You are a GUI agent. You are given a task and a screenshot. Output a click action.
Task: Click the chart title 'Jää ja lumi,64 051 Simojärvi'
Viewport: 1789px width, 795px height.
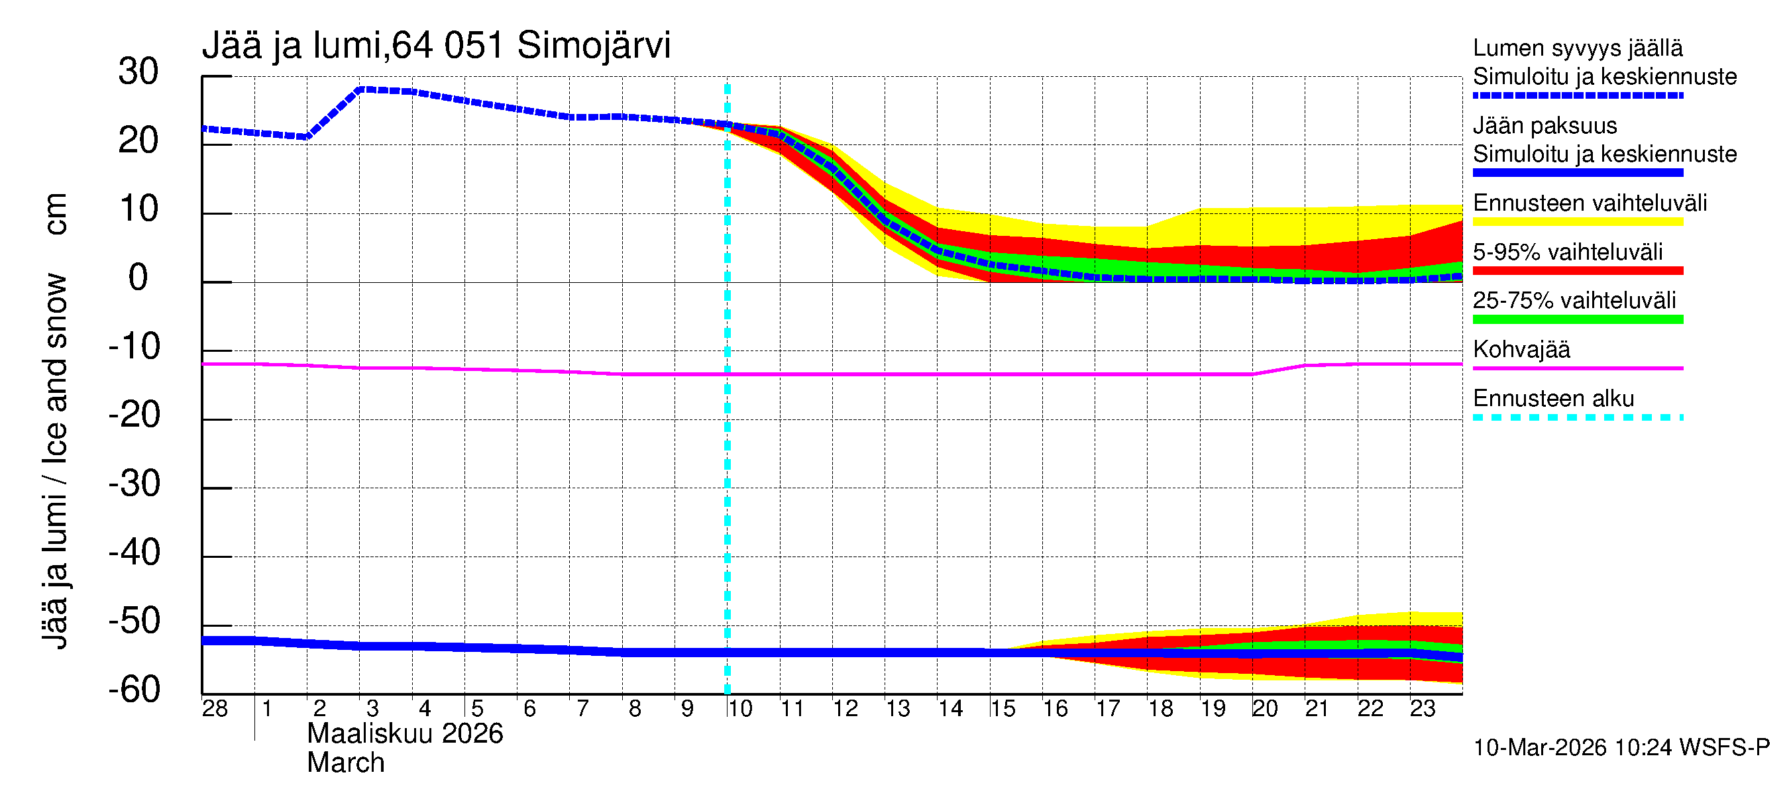(436, 46)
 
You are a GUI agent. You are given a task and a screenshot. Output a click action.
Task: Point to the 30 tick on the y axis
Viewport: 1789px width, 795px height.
(138, 72)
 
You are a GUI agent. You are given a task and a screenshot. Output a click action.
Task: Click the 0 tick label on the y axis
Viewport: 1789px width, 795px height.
(138, 278)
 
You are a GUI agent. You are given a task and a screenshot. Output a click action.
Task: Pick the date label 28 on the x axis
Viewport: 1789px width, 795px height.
(215, 709)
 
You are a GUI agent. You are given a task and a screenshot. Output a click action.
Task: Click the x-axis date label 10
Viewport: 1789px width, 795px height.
(739, 709)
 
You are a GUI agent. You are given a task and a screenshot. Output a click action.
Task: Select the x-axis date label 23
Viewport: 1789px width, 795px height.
(1423, 709)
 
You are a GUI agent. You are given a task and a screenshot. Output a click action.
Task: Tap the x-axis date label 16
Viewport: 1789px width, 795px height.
(1055, 709)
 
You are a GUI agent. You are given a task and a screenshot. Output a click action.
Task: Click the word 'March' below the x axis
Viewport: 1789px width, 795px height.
(346, 763)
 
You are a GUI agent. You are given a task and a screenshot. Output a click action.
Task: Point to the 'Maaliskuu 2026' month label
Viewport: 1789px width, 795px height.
(405, 734)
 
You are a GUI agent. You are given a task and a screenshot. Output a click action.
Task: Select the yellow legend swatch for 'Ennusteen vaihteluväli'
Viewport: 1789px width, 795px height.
(1577, 222)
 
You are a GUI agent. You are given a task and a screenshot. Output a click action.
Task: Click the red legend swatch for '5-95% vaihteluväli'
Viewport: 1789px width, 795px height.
(1577, 271)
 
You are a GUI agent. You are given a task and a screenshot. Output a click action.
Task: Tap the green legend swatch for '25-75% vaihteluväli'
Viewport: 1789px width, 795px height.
(1577, 319)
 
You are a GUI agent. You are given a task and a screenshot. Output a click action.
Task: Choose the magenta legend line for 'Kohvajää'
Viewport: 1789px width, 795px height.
(1577, 368)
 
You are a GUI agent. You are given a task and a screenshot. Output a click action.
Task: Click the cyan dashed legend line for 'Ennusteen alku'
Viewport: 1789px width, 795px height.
(1577, 417)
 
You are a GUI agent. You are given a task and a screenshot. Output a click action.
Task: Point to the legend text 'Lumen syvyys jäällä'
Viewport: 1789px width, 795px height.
(1577, 48)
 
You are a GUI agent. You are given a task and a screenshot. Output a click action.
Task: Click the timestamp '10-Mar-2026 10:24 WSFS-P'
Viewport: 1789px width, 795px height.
(1621, 748)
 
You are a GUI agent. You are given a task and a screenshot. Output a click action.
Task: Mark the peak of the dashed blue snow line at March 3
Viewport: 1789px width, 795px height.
(361, 89)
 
